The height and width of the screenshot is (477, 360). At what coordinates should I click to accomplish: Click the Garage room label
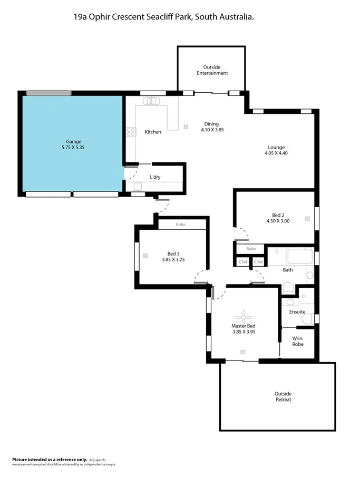pyautogui.click(x=73, y=141)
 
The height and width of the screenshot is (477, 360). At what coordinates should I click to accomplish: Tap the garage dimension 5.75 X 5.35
pyautogui.click(x=73, y=148)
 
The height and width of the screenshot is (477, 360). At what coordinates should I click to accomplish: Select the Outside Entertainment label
pyautogui.click(x=212, y=70)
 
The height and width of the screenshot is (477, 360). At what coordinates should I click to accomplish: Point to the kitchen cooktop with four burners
pyautogui.click(x=130, y=132)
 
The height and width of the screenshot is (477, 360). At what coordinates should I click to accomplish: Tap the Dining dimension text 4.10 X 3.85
pyautogui.click(x=212, y=130)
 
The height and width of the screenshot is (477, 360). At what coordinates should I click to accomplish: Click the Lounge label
pyautogui.click(x=276, y=147)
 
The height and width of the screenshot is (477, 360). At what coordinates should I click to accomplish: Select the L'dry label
pyautogui.click(x=155, y=177)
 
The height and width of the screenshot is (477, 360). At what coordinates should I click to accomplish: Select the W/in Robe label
pyautogui.click(x=298, y=341)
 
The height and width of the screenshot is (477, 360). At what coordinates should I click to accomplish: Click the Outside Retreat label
pyautogui.click(x=283, y=396)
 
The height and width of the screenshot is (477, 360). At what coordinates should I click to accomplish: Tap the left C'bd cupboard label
pyautogui.click(x=243, y=262)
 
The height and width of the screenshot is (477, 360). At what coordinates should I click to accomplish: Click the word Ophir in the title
pyautogui.click(x=100, y=17)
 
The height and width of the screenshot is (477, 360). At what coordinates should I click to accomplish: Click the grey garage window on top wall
pyautogui.click(x=49, y=93)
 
